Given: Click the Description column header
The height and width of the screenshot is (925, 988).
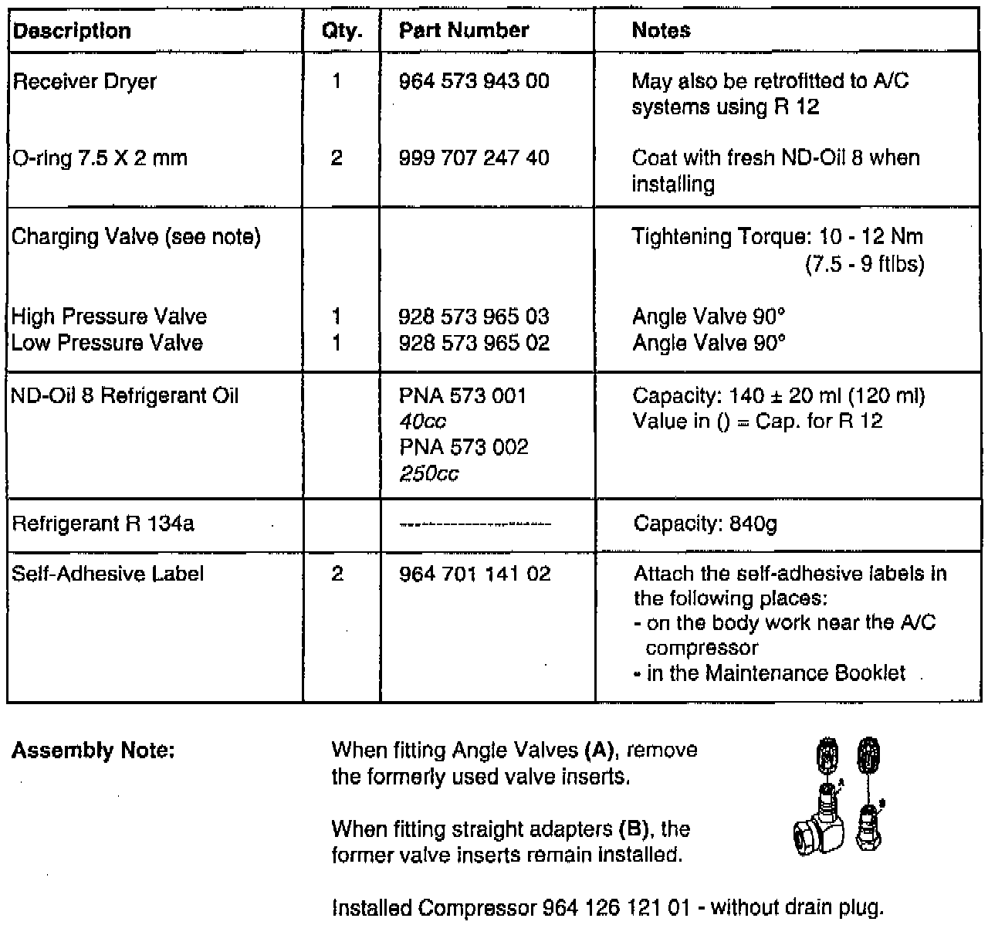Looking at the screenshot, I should coord(73,31).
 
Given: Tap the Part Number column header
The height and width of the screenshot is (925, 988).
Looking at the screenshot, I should coord(464,31).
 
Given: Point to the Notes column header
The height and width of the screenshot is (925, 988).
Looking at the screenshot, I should coord(661,31).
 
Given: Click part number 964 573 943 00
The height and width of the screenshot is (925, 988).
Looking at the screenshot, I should coord(474,81).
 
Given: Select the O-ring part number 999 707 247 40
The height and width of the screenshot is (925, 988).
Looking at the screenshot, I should coord(474,158).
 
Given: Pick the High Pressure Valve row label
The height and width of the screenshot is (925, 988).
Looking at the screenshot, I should coord(109,317).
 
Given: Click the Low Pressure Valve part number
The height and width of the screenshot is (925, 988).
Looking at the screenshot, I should coord(474,343).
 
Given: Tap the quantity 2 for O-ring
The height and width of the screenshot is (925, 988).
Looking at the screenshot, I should coord(337,158).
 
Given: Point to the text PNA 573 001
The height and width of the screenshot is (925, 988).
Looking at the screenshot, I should coord(463,396).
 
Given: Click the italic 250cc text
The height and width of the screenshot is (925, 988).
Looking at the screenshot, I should coord(429,473).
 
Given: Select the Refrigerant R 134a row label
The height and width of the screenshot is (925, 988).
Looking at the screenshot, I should coord(103,524).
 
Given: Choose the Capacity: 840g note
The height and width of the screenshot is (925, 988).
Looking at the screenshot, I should coord(705,524).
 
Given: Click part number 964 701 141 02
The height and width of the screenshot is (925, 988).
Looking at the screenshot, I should coord(475,574).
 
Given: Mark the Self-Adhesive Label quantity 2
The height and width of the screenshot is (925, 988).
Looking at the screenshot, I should coord(337,574).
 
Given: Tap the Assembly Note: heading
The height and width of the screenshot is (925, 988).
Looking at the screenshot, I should coord(93,751).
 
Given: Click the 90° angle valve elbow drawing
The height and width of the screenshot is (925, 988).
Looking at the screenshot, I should coord(820,826).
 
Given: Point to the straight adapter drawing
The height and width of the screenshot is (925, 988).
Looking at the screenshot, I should coord(870,823).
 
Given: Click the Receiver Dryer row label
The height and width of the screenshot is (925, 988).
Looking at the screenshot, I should coord(84,82).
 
